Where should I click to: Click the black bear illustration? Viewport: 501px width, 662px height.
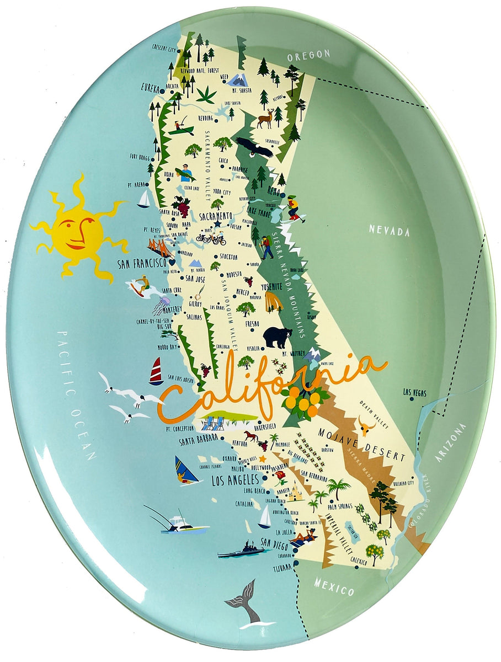(277, 337)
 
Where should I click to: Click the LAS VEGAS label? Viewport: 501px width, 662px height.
(414, 393)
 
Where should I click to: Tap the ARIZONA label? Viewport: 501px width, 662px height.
(450, 442)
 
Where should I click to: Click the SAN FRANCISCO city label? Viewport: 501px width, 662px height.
(142, 264)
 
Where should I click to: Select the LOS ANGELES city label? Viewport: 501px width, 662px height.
(236, 479)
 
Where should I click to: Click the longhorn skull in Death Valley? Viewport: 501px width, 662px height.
(366, 425)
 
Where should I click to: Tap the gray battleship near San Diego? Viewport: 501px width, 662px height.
(241, 552)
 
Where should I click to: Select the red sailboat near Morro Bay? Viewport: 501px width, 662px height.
(156, 371)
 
